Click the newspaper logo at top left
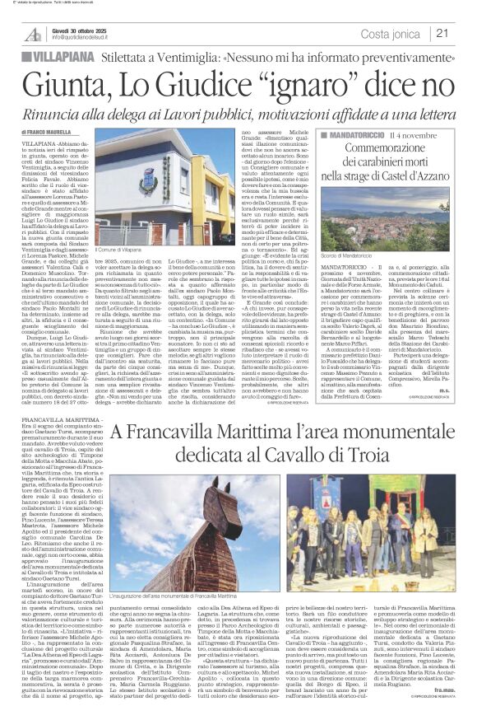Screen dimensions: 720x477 34,33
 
